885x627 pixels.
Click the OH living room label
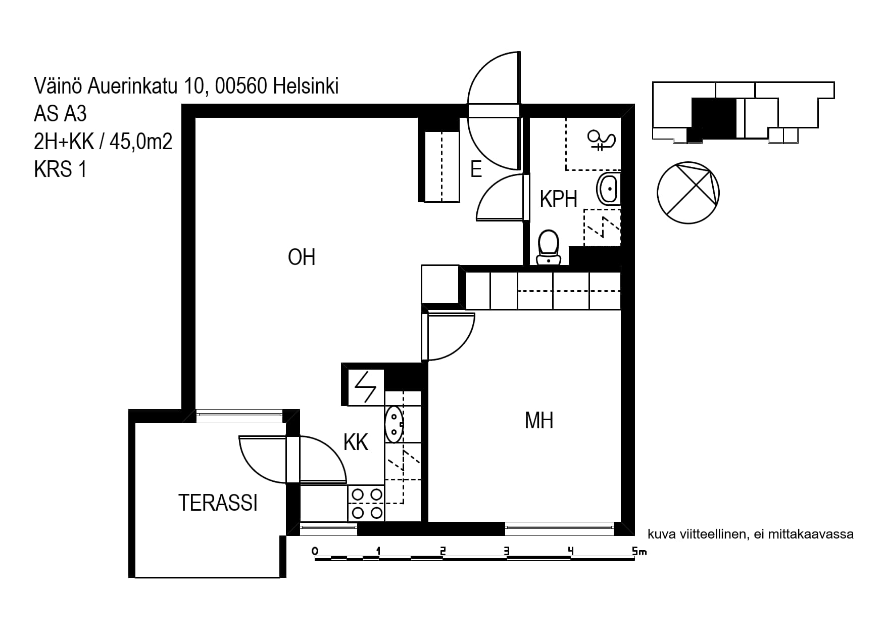tap(302, 257)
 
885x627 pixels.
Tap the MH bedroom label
tap(539, 421)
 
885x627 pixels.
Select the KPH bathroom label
tap(558, 199)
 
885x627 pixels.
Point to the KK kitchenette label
tap(356, 442)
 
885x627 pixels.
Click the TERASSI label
tap(218, 503)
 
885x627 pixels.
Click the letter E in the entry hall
tap(476, 169)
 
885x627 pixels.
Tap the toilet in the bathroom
tap(548, 248)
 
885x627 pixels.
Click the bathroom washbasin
tap(609, 189)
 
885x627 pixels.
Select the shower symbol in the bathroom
tap(601, 140)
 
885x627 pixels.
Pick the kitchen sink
tap(394, 424)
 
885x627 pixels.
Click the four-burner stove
tap(366, 503)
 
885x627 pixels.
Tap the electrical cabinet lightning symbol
tap(365, 387)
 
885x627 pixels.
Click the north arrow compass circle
tap(688, 193)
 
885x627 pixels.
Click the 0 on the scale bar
tap(315, 551)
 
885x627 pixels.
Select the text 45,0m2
tap(141, 142)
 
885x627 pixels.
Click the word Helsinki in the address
tap(306, 86)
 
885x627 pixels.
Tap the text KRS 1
tap(60, 169)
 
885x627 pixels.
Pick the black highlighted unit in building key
tap(713, 118)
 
